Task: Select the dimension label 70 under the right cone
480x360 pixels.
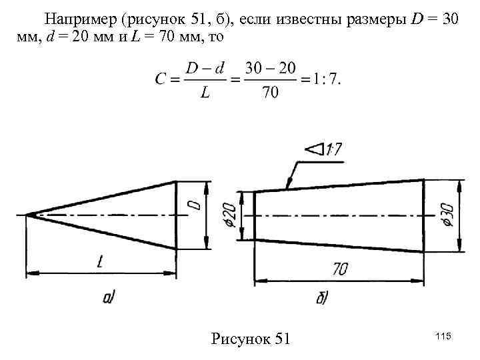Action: pyautogui.click(x=341, y=270)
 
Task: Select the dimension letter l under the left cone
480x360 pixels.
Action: pyautogui.click(x=99, y=263)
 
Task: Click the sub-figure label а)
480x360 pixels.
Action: pyautogui.click(x=109, y=297)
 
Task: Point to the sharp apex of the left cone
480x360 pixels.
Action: pyautogui.click(x=27, y=215)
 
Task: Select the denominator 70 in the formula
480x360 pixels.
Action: pyautogui.click(x=270, y=93)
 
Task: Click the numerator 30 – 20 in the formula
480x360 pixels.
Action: pyautogui.click(x=269, y=67)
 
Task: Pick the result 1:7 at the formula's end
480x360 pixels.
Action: pyautogui.click(x=325, y=79)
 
